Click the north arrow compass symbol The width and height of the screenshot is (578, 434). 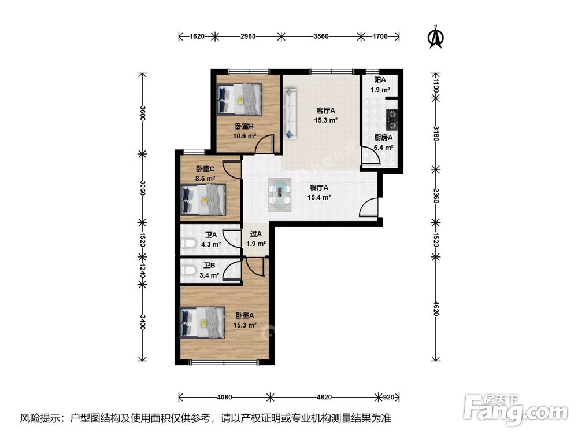point(436,36)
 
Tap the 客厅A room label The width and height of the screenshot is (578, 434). point(326,111)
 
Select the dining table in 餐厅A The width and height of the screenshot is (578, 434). point(280,194)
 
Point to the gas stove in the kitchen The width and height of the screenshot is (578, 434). point(391,120)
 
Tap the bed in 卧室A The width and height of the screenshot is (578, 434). point(202,322)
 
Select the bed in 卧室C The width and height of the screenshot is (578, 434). point(203,200)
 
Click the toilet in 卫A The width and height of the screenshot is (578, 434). point(189,244)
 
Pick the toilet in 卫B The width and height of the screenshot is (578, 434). point(188,271)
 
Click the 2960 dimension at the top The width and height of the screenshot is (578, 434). point(248,36)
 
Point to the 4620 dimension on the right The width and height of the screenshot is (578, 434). point(436,308)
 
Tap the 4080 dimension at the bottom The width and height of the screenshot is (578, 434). point(224,397)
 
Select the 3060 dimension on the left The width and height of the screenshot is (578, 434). point(143,188)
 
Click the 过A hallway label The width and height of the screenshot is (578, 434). point(256,234)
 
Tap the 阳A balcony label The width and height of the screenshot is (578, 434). point(380,80)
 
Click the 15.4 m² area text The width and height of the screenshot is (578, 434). point(319,197)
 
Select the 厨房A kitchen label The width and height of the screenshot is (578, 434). point(383,138)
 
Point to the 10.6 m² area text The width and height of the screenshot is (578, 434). point(244,136)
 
